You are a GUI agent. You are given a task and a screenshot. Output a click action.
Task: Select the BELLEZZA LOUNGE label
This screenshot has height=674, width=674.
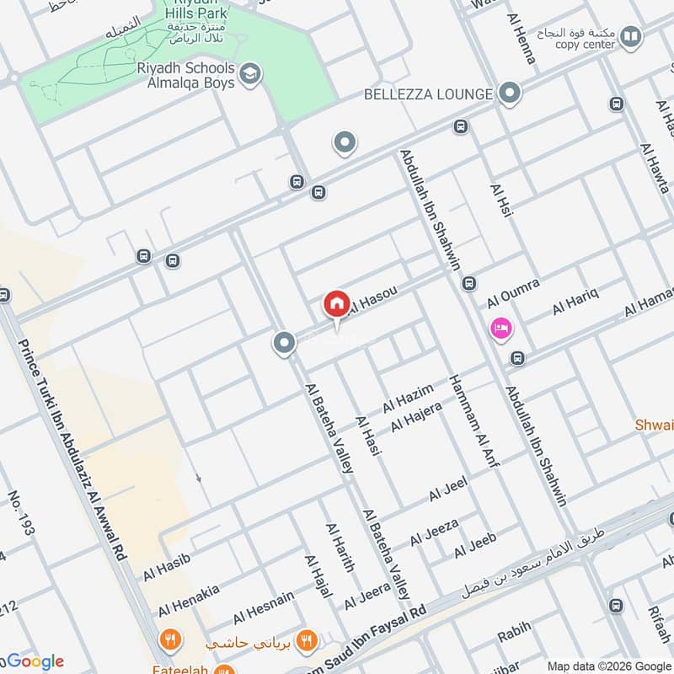[x=427, y=94]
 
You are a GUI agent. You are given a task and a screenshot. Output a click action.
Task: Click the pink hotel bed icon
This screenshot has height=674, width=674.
[x=501, y=329]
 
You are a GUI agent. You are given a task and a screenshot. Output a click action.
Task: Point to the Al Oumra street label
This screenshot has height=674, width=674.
[x=513, y=297]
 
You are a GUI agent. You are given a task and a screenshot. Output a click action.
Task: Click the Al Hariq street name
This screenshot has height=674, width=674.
[x=575, y=301]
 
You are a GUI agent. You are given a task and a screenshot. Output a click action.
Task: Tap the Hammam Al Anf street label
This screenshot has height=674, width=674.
[x=468, y=420]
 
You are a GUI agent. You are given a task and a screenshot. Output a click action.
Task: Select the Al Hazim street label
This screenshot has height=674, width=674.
[x=408, y=398]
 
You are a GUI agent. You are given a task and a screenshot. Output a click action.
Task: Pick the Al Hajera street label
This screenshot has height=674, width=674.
[x=416, y=416]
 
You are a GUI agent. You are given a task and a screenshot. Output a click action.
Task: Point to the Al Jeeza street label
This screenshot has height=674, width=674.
[x=434, y=532]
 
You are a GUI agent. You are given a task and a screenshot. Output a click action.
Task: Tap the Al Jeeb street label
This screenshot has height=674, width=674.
[x=475, y=545]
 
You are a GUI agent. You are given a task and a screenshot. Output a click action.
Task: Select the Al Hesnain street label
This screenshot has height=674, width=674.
[x=264, y=606]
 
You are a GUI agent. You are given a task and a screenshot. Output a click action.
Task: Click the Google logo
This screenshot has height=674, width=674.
[x=34, y=661]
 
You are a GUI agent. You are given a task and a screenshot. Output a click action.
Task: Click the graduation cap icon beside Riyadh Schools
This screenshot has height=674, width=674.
[x=249, y=75]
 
